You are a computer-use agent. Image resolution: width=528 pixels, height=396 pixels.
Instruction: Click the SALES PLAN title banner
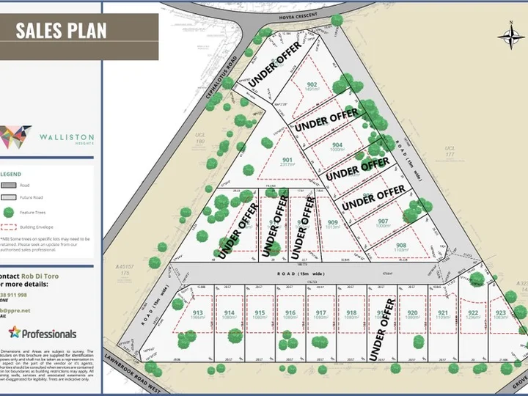62,30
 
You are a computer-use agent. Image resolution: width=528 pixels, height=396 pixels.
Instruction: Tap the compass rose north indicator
509,34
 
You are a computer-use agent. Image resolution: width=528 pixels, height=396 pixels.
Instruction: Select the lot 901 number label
287,161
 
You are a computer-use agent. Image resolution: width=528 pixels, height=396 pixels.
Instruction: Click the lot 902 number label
312,85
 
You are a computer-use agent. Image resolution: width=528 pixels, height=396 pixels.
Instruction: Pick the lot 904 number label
337,145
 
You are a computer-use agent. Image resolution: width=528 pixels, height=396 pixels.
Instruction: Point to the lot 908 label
400,246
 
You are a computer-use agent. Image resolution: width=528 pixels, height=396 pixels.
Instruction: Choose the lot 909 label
332,223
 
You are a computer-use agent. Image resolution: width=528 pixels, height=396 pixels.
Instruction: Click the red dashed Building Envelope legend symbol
9,227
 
